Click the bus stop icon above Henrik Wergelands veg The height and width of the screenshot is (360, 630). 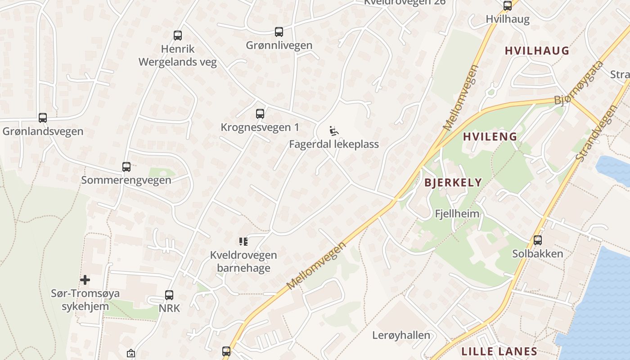coord(178,36)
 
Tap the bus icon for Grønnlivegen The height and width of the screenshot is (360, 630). coord(279,32)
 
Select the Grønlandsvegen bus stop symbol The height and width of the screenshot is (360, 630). coord(43,118)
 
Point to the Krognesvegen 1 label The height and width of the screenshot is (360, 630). coord(260,127)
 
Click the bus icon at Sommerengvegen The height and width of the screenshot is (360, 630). coord(126,167)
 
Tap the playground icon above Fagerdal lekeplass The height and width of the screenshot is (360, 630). coord(333,131)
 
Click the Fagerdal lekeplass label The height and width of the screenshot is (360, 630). coord(333,144)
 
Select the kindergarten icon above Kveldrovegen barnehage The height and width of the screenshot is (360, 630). coord(243,242)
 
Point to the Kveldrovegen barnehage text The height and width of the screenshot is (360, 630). coord(243,261)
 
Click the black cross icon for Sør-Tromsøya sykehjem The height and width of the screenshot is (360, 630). coord(85,280)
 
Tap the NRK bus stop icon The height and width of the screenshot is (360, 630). coord(169,295)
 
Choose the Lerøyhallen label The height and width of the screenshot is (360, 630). coord(401,335)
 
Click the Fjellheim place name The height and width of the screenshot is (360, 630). coord(457,213)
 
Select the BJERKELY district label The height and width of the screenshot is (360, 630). coord(453,183)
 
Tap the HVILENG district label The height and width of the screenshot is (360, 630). coord(490,137)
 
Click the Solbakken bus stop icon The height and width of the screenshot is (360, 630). coord(538,240)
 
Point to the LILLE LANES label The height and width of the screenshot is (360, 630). coord(499,351)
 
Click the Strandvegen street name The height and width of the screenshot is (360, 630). coord(596,134)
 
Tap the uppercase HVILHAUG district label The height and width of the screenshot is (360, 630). coord(537,50)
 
